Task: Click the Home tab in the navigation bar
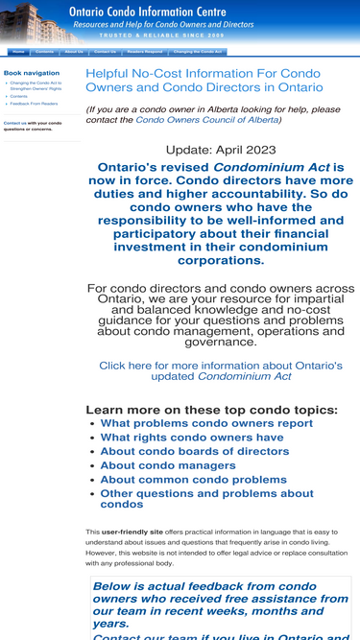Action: coord(18,52)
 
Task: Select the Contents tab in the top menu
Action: coord(44,52)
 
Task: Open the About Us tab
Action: coord(74,52)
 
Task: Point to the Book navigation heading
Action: coord(32,73)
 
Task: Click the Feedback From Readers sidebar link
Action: coord(34,104)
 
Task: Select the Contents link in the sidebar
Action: coord(19,97)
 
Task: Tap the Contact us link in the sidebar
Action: coord(14,123)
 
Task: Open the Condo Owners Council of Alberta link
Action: coord(206,120)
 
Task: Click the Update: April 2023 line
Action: coord(221,150)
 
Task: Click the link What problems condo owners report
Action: coord(206,423)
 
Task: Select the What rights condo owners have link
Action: coord(192,438)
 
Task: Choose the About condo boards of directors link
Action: coord(194,451)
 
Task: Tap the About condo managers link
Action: coord(168,465)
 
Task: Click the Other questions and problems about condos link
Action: coord(206,499)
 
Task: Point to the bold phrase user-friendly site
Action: coord(132,532)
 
